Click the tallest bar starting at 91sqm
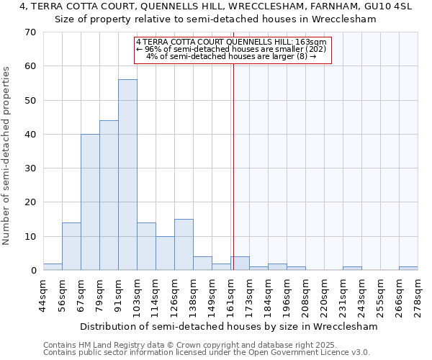(127, 175)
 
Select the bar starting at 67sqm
(90, 202)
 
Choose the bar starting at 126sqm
(184, 245)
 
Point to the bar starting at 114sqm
(165, 253)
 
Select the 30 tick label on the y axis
(30, 168)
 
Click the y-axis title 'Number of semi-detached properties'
(6, 155)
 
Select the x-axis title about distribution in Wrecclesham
(228, 326)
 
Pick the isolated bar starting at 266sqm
(408, 269)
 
